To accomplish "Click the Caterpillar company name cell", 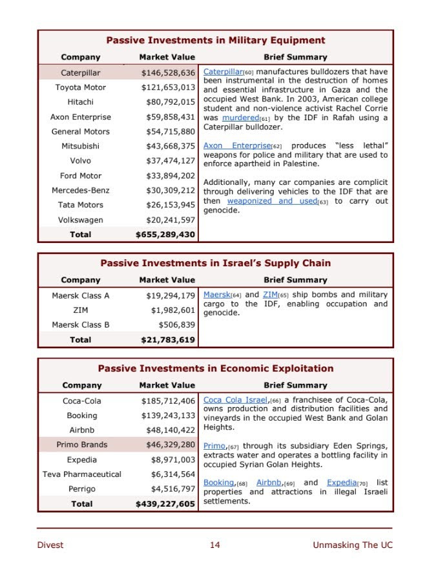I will [x=81, y=72].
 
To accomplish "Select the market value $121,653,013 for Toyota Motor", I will [x=168, y=87].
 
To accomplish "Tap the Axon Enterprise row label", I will [x=81, y=117].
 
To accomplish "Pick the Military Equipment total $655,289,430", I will [x=165, y=235].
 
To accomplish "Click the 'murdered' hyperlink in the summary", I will [x=240, y=118].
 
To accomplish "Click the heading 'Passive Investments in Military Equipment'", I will [x=215, y=40].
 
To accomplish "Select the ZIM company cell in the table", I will [x=81, y=310].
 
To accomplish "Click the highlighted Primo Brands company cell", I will [x=82, y=445].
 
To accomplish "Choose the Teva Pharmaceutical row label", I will [x=82, y=474].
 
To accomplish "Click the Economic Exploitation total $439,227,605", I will [x=165, y=504].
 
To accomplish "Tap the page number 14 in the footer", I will [x=214, y=545].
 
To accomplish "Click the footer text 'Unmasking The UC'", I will [x=352, y=545].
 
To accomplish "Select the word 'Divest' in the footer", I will [x=50, y=545].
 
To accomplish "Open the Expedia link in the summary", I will [x=342, y=483].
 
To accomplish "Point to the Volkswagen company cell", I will [x=81, y=220].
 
